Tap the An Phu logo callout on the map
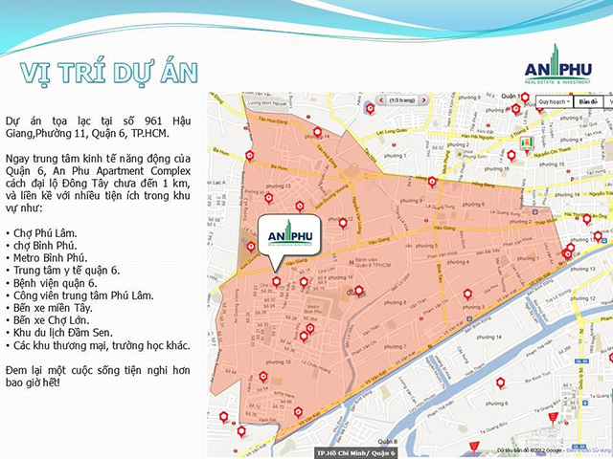[289, 237]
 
